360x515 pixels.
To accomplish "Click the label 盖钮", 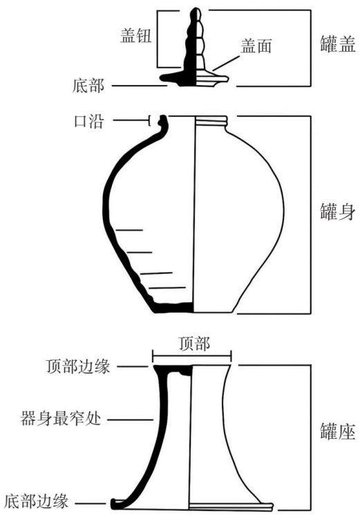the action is (136, 35).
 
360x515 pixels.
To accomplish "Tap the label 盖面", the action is (256, 46).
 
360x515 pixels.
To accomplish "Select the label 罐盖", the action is (338, 44).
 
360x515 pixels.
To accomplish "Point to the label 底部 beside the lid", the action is (88, 86).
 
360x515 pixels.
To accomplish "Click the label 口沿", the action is (88, 121).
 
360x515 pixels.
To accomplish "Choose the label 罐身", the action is (338, 212).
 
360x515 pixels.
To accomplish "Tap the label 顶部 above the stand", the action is (194, 344).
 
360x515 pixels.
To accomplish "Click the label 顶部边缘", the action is (78, 366).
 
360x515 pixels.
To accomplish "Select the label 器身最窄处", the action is (61, 419).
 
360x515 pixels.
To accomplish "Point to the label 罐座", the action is (338, 431).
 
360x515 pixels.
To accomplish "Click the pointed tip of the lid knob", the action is (196, 8).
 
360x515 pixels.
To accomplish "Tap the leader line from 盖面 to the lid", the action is (226, 63).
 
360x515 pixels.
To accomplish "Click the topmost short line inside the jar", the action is (129, 230).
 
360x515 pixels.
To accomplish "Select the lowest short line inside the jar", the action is (167, 288).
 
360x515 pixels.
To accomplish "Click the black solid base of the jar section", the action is (173, 308).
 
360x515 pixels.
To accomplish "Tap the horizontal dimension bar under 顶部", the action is (192, 356).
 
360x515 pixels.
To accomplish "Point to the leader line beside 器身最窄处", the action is (131, 420).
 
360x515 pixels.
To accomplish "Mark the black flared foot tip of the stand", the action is (115, 502).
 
